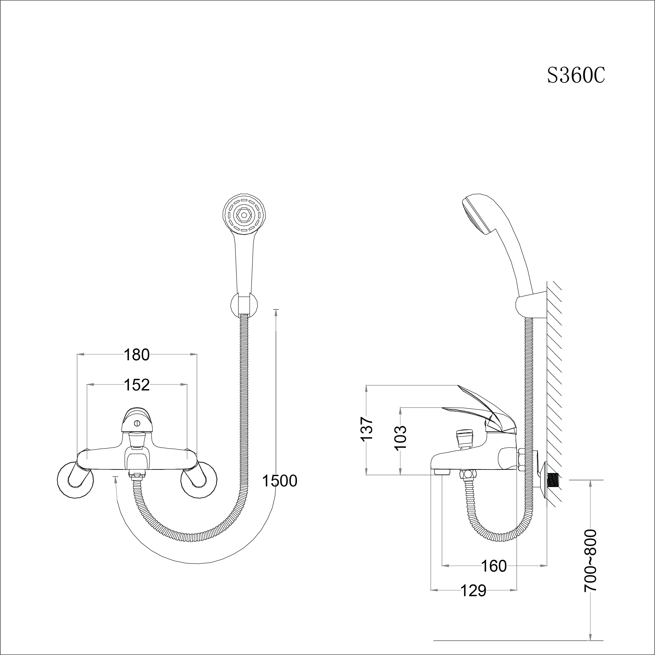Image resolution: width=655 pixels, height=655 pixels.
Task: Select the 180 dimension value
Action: [136, 355]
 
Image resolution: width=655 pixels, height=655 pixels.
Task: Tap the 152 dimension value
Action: [136, 385]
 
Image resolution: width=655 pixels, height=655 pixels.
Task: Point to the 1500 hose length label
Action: [279, 481]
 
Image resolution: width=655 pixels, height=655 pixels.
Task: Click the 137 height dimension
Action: [367, 429]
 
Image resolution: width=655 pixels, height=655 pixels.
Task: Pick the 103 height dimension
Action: [401, 437]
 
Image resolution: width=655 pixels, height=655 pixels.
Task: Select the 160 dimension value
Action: [494, 566]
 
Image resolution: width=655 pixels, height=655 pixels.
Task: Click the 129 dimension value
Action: [473, 591]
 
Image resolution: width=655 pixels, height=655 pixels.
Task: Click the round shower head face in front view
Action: [244, 214]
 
